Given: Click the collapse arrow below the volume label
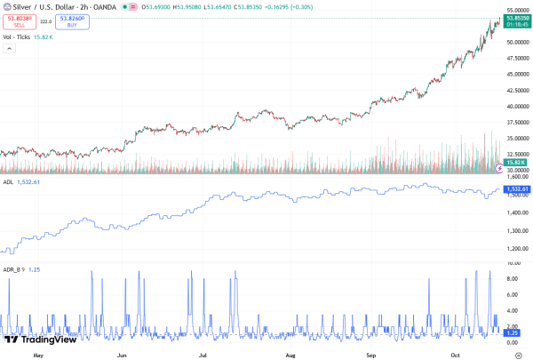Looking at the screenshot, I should tap(10, 48).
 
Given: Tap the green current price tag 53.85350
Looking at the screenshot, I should tap(517, 19).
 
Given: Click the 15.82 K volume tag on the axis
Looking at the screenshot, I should tap(516, 163).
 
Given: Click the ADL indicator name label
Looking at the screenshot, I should tap(8, 182).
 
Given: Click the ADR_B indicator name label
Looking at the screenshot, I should tap(12, 268).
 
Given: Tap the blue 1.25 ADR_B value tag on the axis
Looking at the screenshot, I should tap(511, 332).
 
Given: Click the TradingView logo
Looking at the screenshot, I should tap(40, 339).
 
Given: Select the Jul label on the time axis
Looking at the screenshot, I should tap(203, 353).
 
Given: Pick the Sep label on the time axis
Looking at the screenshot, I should tap(372, 353).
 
